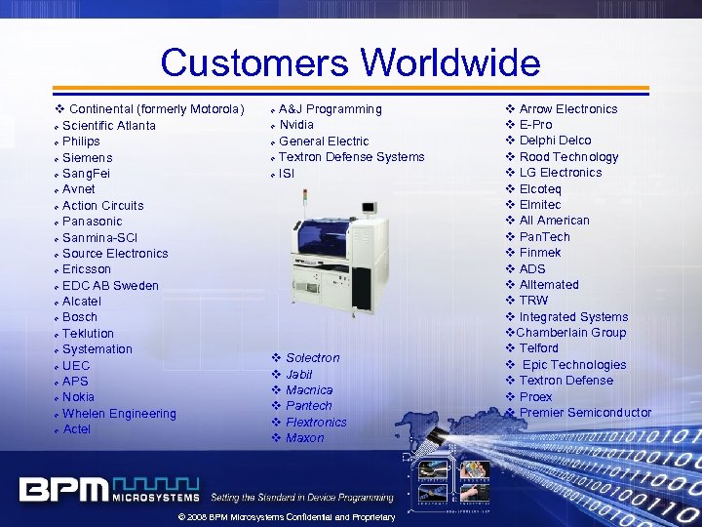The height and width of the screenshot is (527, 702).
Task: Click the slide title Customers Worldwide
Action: (350, 63)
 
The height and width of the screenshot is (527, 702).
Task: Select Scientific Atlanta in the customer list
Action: (108, 125)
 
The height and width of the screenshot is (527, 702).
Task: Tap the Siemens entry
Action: (87, 157)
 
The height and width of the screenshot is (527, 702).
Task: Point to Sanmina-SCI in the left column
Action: (99, 237)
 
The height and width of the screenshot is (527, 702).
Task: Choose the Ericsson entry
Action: (87, 269)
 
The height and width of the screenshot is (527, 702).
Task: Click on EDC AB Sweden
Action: (110, 285)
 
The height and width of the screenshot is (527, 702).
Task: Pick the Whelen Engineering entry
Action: (119, 414)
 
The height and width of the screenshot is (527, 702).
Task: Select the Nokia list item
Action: (78, 397)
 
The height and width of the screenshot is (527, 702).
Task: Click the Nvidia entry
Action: (296, 125)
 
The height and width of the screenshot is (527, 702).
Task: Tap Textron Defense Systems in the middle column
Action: (351, 157)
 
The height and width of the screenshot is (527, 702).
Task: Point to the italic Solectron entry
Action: (313, 358)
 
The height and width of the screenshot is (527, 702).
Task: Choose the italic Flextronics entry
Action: (316, 423)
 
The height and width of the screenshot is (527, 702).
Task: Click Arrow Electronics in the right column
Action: (568, 109)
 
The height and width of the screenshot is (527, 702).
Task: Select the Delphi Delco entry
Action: (555, 141)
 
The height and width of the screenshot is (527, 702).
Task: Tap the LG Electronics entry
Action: (561, 173)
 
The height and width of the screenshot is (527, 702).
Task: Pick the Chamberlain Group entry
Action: (571, 333)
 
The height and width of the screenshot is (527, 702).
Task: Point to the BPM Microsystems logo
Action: (108, 488)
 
